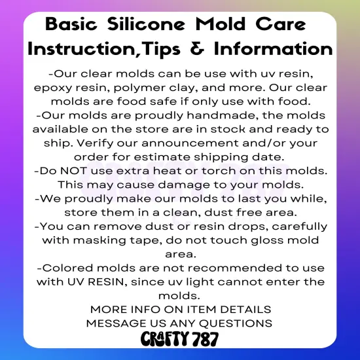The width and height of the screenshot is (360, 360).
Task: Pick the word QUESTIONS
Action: coord(236,323)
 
